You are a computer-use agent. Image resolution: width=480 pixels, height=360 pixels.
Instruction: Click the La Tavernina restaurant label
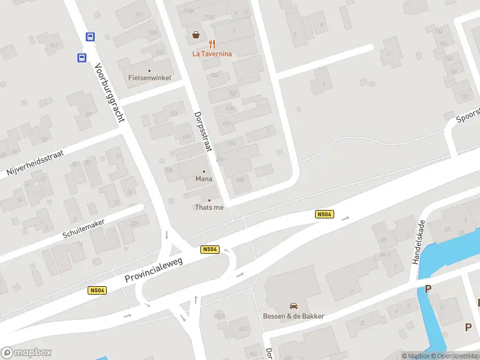tap(212, 53)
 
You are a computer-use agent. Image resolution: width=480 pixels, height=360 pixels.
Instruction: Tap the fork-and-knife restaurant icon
tap(212, 44)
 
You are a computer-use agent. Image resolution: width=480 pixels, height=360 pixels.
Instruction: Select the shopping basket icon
tap(196, 35)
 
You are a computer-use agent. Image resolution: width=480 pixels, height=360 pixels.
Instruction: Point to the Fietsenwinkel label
tap(150, 77)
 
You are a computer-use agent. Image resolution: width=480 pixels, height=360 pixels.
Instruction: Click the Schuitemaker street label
tap(83, 229)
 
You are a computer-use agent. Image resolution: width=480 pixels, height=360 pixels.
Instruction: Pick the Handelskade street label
tap(418, 245)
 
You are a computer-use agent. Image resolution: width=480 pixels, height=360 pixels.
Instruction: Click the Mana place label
tap(204, 179)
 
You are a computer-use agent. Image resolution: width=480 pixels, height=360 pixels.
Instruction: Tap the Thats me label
tap(209, 207)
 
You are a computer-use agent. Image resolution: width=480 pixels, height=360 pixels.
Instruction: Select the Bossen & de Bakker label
tap(293, 316)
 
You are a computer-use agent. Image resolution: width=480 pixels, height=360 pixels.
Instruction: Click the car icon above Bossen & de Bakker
tap(293, 306)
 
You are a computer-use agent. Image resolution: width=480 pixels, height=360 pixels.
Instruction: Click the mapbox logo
tap(26, 352)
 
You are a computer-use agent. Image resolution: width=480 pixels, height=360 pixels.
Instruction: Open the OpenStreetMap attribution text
tap(455, 356)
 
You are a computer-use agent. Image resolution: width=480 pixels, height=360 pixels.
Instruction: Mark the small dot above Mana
tap(204, 172)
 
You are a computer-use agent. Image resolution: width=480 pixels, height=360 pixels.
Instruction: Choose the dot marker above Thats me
tap(209, 200)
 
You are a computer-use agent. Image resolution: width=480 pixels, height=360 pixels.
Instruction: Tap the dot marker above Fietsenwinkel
tap(149, 70)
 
